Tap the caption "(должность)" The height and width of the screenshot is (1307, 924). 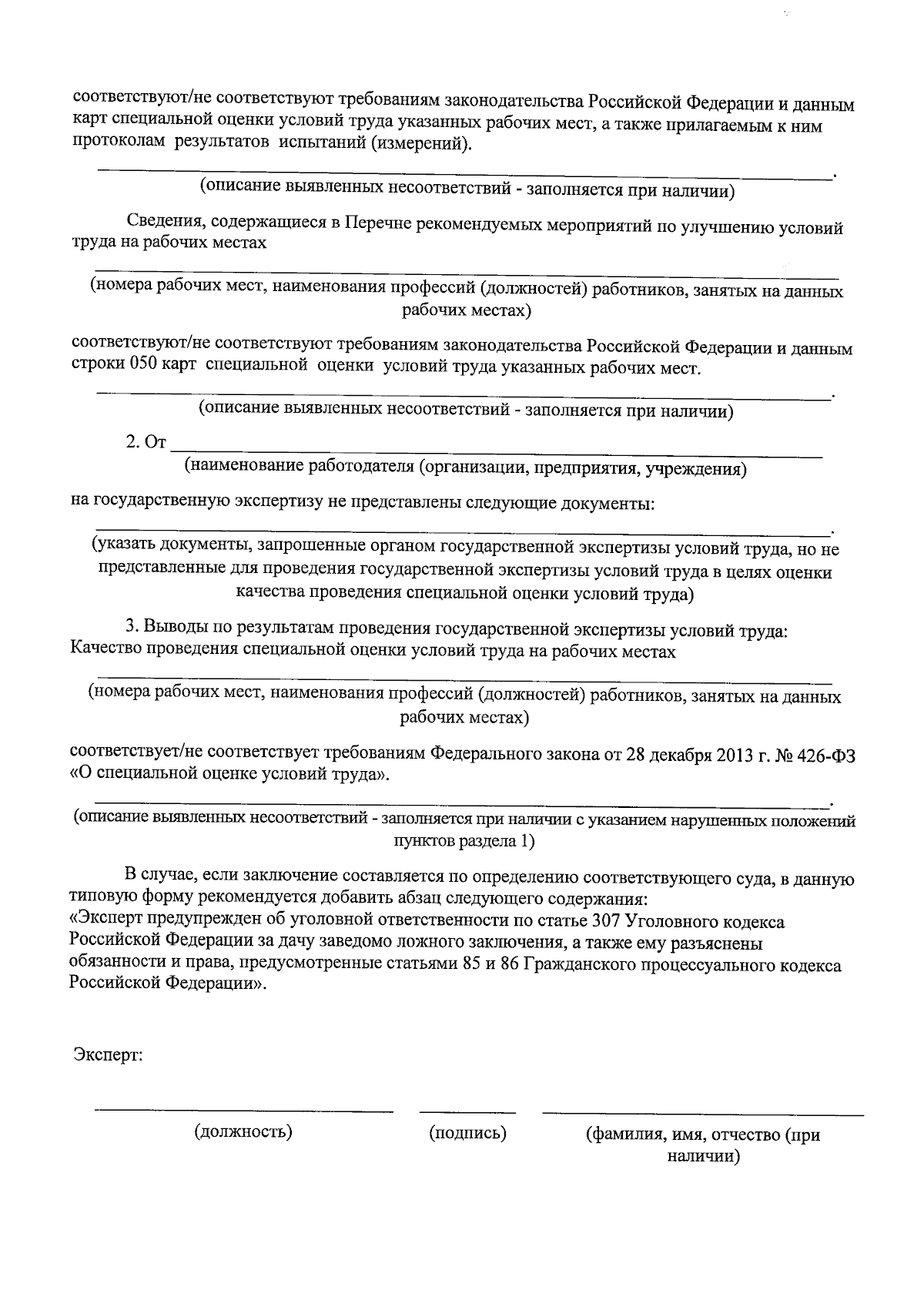coord(243,1132)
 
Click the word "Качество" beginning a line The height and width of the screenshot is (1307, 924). coord(102,652)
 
